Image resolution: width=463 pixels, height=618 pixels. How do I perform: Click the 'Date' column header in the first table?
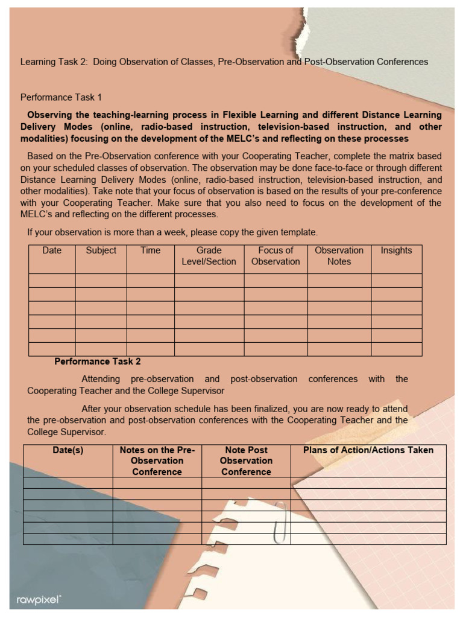pyautogui.click(x=52, y=250)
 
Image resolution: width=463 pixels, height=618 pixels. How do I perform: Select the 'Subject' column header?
pyautogui.click(x=101, y=250)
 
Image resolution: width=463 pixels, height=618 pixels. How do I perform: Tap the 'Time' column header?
pyautogui.click(x=150, y=250)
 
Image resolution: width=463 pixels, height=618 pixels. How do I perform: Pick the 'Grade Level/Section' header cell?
pyautogui.click(x=209, y=256)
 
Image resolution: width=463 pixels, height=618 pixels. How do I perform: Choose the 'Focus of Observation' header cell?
pyautogui.click(x=276, y=256)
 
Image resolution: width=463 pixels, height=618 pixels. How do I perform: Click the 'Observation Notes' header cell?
pyautogui.click(x=339, y=256)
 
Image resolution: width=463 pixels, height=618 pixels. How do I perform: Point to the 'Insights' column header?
pyautogui.click(x=396, y=250)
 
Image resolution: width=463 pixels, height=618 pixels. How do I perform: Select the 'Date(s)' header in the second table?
pyautogui.click(x=68, y=450)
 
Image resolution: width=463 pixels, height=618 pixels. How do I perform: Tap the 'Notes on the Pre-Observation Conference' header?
pyautogui.click(x=157, y=461)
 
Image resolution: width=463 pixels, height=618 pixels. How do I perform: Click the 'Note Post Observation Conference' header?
pyautogui.click(x=246, y=461)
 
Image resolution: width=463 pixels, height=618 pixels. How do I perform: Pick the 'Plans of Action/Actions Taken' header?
pyautogui.click(x=368, y=450)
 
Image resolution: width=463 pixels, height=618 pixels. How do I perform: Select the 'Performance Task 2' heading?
pyautogui.click(x=98, y=362)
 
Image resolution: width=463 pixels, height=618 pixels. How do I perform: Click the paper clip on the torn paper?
pyautogui.click(x=279, y=521)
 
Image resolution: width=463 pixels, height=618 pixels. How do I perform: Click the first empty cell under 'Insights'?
pyautogui.click(x=396, y=280)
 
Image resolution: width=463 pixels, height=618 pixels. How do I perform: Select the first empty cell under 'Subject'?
pyautogui.click(x=101, y=280)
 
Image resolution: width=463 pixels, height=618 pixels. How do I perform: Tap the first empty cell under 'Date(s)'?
pyautogui.click(x=68, y=483)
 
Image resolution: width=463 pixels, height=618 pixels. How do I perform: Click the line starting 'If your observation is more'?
pyautogui.click(x=172, y=232)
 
